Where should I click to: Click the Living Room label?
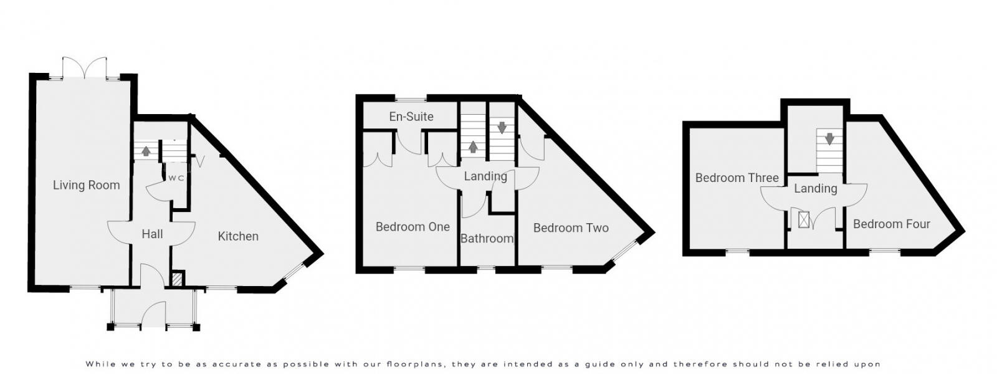pyautogui.click(x=86, y=185)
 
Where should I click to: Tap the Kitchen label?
pyautogui.click(x=238, y=236)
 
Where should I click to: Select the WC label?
pyautogui.click(x=176, y=178)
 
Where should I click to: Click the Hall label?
pyautogui.click(x=152, y=234)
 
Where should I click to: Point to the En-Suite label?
pyautogui.click(x=411, y=117)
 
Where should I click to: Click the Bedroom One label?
pyautogui.click(x=413, y=227)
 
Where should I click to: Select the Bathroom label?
pyautogui.click(x=487, y=238)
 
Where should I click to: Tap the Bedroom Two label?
pyautogui.click(x=571, y=228)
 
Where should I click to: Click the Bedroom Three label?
pyautogui.click(x=737, y=178)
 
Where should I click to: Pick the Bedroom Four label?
pyautogui.click(x=891, y=224)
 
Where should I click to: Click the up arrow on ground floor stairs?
pyautogui.click(x=146, y=151)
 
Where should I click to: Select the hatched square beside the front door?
pyautogui.click(x=177, y=279)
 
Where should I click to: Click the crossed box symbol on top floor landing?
pyautogui.click(x=804, y=220)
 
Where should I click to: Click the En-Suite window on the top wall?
pyautogui.click(x=411, y=98)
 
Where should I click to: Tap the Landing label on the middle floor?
pyautogui.click(x=485, y=176)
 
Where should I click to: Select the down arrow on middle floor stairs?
pyautogui.click(x=502, y=128)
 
